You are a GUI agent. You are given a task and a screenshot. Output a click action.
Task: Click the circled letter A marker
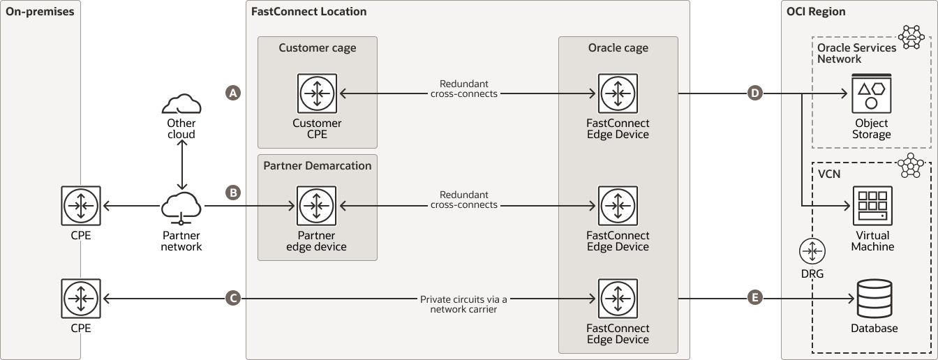point(233,93)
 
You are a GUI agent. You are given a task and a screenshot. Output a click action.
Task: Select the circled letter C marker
point(233,298)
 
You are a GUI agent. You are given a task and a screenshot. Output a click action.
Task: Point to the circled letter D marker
point(754,93)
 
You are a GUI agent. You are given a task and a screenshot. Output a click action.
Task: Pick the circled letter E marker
point(754,298)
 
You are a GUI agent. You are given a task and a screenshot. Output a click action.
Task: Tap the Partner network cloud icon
point(181,207)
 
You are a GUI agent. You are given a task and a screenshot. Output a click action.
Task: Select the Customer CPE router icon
point(317,93)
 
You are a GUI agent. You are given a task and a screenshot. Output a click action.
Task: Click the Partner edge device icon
point(317,206)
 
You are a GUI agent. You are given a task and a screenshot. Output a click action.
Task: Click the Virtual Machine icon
point(872,206)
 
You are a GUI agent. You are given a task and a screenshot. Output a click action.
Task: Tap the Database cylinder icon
point(873,299)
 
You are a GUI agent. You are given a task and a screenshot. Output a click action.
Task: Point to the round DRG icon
point(812,251)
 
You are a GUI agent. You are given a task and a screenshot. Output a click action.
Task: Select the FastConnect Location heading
point(308,11)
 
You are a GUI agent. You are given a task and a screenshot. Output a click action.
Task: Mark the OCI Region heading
point(816,11)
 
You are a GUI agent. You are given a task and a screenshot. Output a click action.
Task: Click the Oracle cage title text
point(618,48)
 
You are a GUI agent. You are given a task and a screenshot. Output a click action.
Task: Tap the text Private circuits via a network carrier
point(463,303)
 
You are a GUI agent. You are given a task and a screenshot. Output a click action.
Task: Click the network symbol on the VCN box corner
point(909,166)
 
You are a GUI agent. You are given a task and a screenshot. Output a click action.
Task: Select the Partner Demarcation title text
point(317,165)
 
